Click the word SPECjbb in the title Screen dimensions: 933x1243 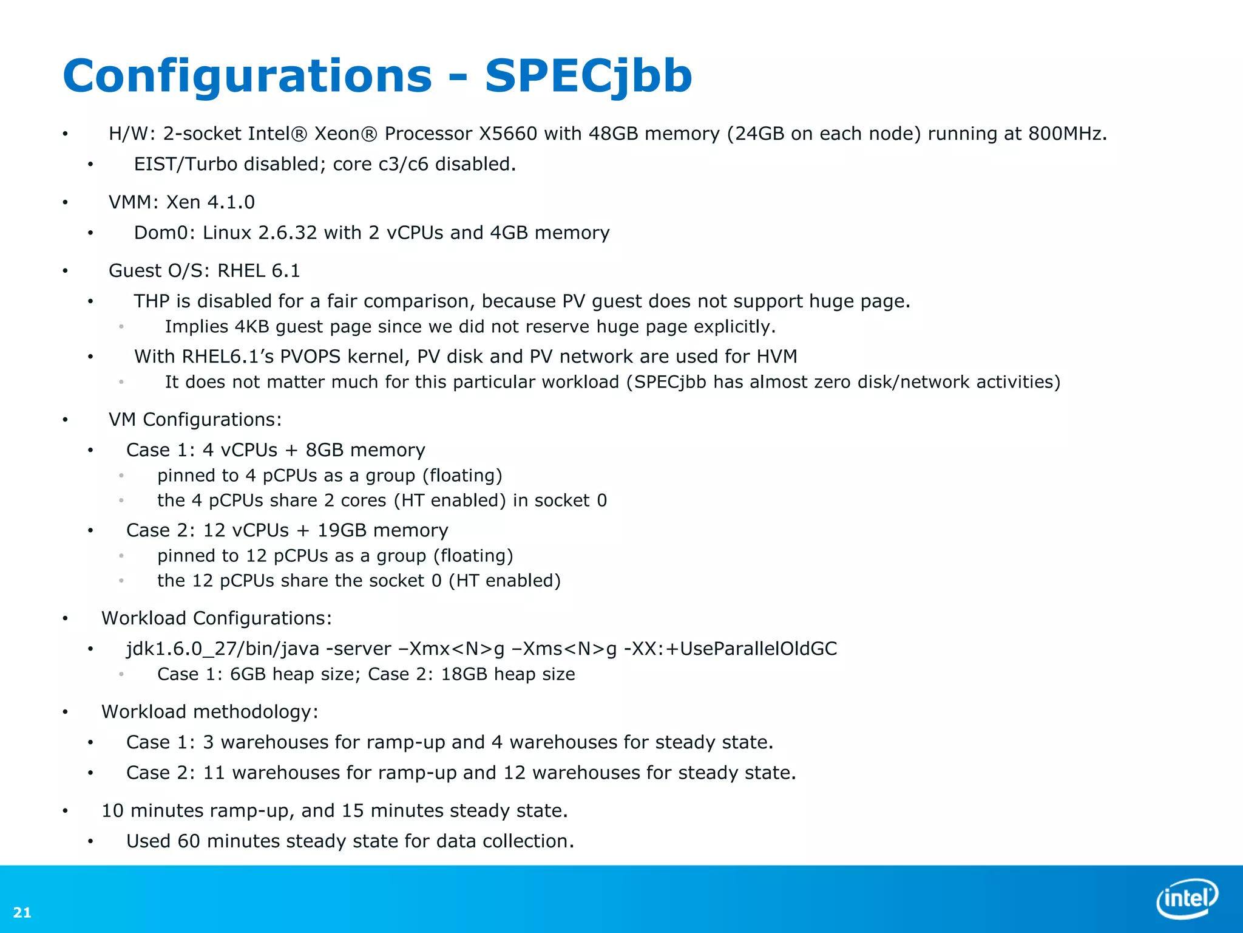[x=588, y=76]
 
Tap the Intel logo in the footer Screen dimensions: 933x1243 [x=1187, y=898]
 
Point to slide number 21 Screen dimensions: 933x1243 [x=22, y=912]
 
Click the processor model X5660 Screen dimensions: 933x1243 [x=507, y=134]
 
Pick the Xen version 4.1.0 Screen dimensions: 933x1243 [x=231, y=202]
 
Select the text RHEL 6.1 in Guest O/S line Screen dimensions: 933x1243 [x=259, y=271]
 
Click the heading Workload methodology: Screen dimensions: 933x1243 [x=209, y=712]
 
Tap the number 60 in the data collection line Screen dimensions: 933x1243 [x=188, y=841]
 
